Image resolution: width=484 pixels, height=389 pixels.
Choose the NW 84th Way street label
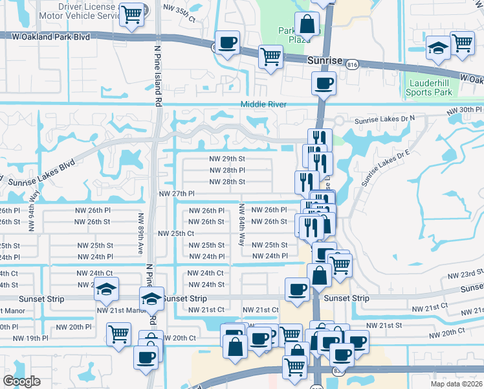241,224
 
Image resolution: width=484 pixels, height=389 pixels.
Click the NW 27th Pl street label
177,194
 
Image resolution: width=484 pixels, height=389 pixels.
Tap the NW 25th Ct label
176,233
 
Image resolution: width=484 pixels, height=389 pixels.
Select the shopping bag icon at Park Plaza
307,25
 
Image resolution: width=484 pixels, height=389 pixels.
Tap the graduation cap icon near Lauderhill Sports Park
438,47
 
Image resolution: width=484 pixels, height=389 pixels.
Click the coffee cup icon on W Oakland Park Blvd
227,43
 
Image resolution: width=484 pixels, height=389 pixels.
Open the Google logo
21,381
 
